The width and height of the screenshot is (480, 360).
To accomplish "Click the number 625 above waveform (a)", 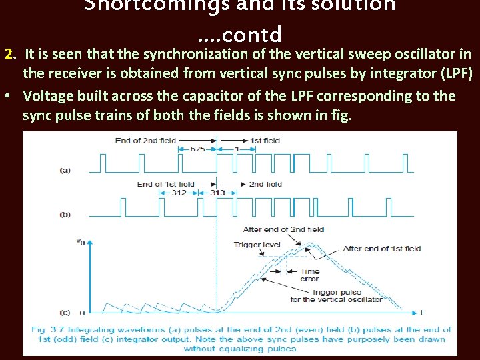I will pos(197,149).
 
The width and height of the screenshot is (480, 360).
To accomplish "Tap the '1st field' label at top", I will pos(265,141).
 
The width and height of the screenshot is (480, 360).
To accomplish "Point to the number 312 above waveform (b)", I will pos(179,193).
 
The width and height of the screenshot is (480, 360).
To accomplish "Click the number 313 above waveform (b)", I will pos(218,193).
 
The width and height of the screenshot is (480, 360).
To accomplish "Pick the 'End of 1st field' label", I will pos(165,184).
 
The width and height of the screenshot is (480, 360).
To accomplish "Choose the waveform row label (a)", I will pos(65,170).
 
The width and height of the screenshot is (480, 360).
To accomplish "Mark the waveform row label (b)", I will pos(65,214).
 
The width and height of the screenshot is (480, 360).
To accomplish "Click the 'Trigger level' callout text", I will pos(257,245).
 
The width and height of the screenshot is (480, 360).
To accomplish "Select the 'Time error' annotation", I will pos(310,275).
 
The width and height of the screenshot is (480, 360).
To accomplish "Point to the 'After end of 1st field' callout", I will pos(381,249).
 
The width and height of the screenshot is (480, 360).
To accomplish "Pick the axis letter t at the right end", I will pos(422,311).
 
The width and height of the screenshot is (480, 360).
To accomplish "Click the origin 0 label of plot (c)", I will pos(81,312).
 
